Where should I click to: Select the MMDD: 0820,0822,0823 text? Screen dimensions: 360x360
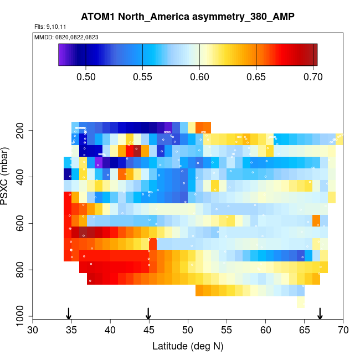tap(59, 37)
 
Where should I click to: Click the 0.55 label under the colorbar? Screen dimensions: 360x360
tap(143, 76)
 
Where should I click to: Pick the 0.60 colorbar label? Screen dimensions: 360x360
tap(199, 76)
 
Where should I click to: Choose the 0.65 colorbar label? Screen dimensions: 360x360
tap(256, 76)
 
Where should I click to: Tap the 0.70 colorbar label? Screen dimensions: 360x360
tap(313, 76)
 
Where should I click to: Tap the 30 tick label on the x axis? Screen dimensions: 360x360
tap(33, 330)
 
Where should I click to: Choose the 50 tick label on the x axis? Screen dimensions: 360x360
tap(188, 330)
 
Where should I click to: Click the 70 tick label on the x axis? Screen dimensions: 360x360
tap(343, 330)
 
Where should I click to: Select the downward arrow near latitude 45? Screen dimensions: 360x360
tap(148, 313)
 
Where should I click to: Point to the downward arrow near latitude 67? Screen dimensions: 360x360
tap(320, 313)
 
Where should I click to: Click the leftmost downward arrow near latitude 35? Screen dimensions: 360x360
tap(68, 313)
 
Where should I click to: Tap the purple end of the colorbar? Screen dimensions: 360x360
tap(61, 55)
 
